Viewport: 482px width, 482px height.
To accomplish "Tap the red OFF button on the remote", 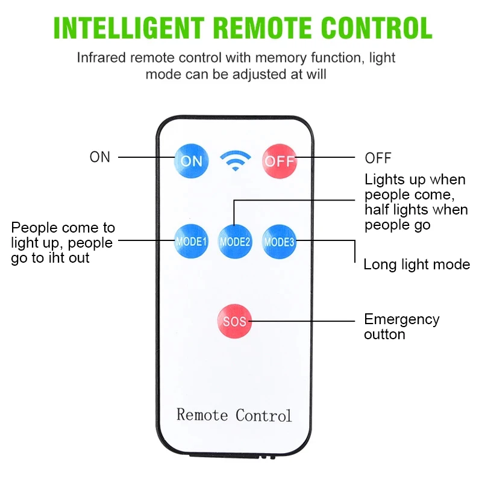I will pyautogui.click(x=280, y=161).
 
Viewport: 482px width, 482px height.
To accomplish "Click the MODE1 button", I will pyautogui.click(x=191, y=242).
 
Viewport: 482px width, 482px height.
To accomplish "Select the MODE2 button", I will pyautogui.click(x=234, y=242).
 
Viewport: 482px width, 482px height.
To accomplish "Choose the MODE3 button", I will pyautogui.click(x=279, y=242).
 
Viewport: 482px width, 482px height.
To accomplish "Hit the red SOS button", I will pyautogui.click(x=234, y=321).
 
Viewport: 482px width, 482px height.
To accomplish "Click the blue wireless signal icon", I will pyautogui.click(x=235, y=160).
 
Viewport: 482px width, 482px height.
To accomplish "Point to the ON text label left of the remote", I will pyautogui.click(x=100, y=157).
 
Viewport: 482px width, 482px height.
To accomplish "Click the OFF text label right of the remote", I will pyautogui.click(x=378, y=158).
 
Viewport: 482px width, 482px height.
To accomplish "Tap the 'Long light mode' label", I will pyautogui.click(x=416, y=264).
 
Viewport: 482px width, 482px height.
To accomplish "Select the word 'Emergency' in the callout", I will pyautogui.click(x=401, y=319).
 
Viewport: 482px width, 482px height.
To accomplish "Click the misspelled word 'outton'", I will pyautogui.click(x=384, y=334).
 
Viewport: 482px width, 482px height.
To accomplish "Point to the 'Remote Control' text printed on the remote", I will pyautogui.click(x=234, y=415).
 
